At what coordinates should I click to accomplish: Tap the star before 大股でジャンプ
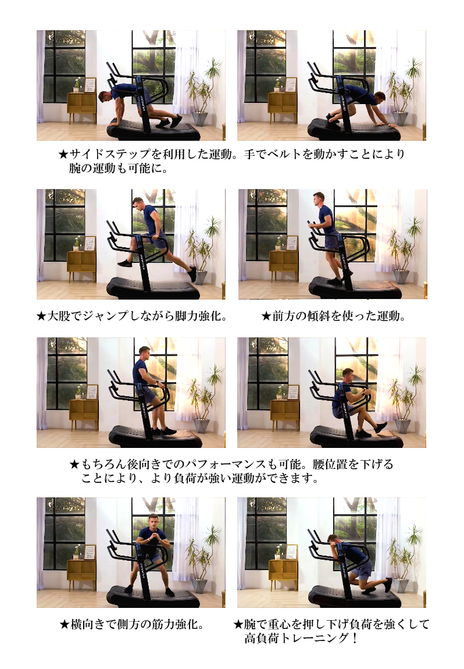coord(41,316)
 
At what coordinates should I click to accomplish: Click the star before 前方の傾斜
coord(266,316)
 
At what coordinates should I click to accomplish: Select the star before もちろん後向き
coord(74,464)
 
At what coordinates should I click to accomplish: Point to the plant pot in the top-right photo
coord(400,118)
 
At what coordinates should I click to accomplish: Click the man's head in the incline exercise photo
coord(319,199)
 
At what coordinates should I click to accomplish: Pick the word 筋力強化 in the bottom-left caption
coord(174,625)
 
